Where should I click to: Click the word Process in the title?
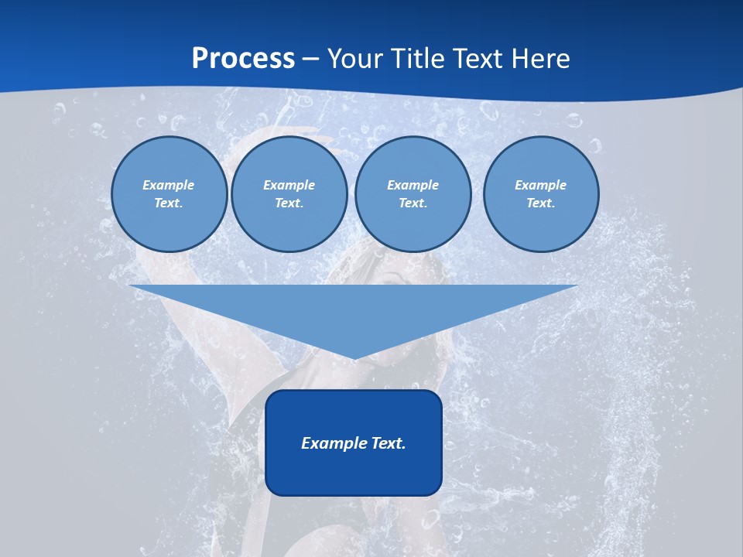pos(243,59)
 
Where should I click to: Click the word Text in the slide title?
pos(478,59)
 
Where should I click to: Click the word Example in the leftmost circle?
pos(169,185)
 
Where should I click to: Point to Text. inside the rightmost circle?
pos(541,203)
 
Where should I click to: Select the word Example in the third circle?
pos(413,185)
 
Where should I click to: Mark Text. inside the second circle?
pos(289,203)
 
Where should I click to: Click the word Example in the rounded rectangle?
pos(330,443)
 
